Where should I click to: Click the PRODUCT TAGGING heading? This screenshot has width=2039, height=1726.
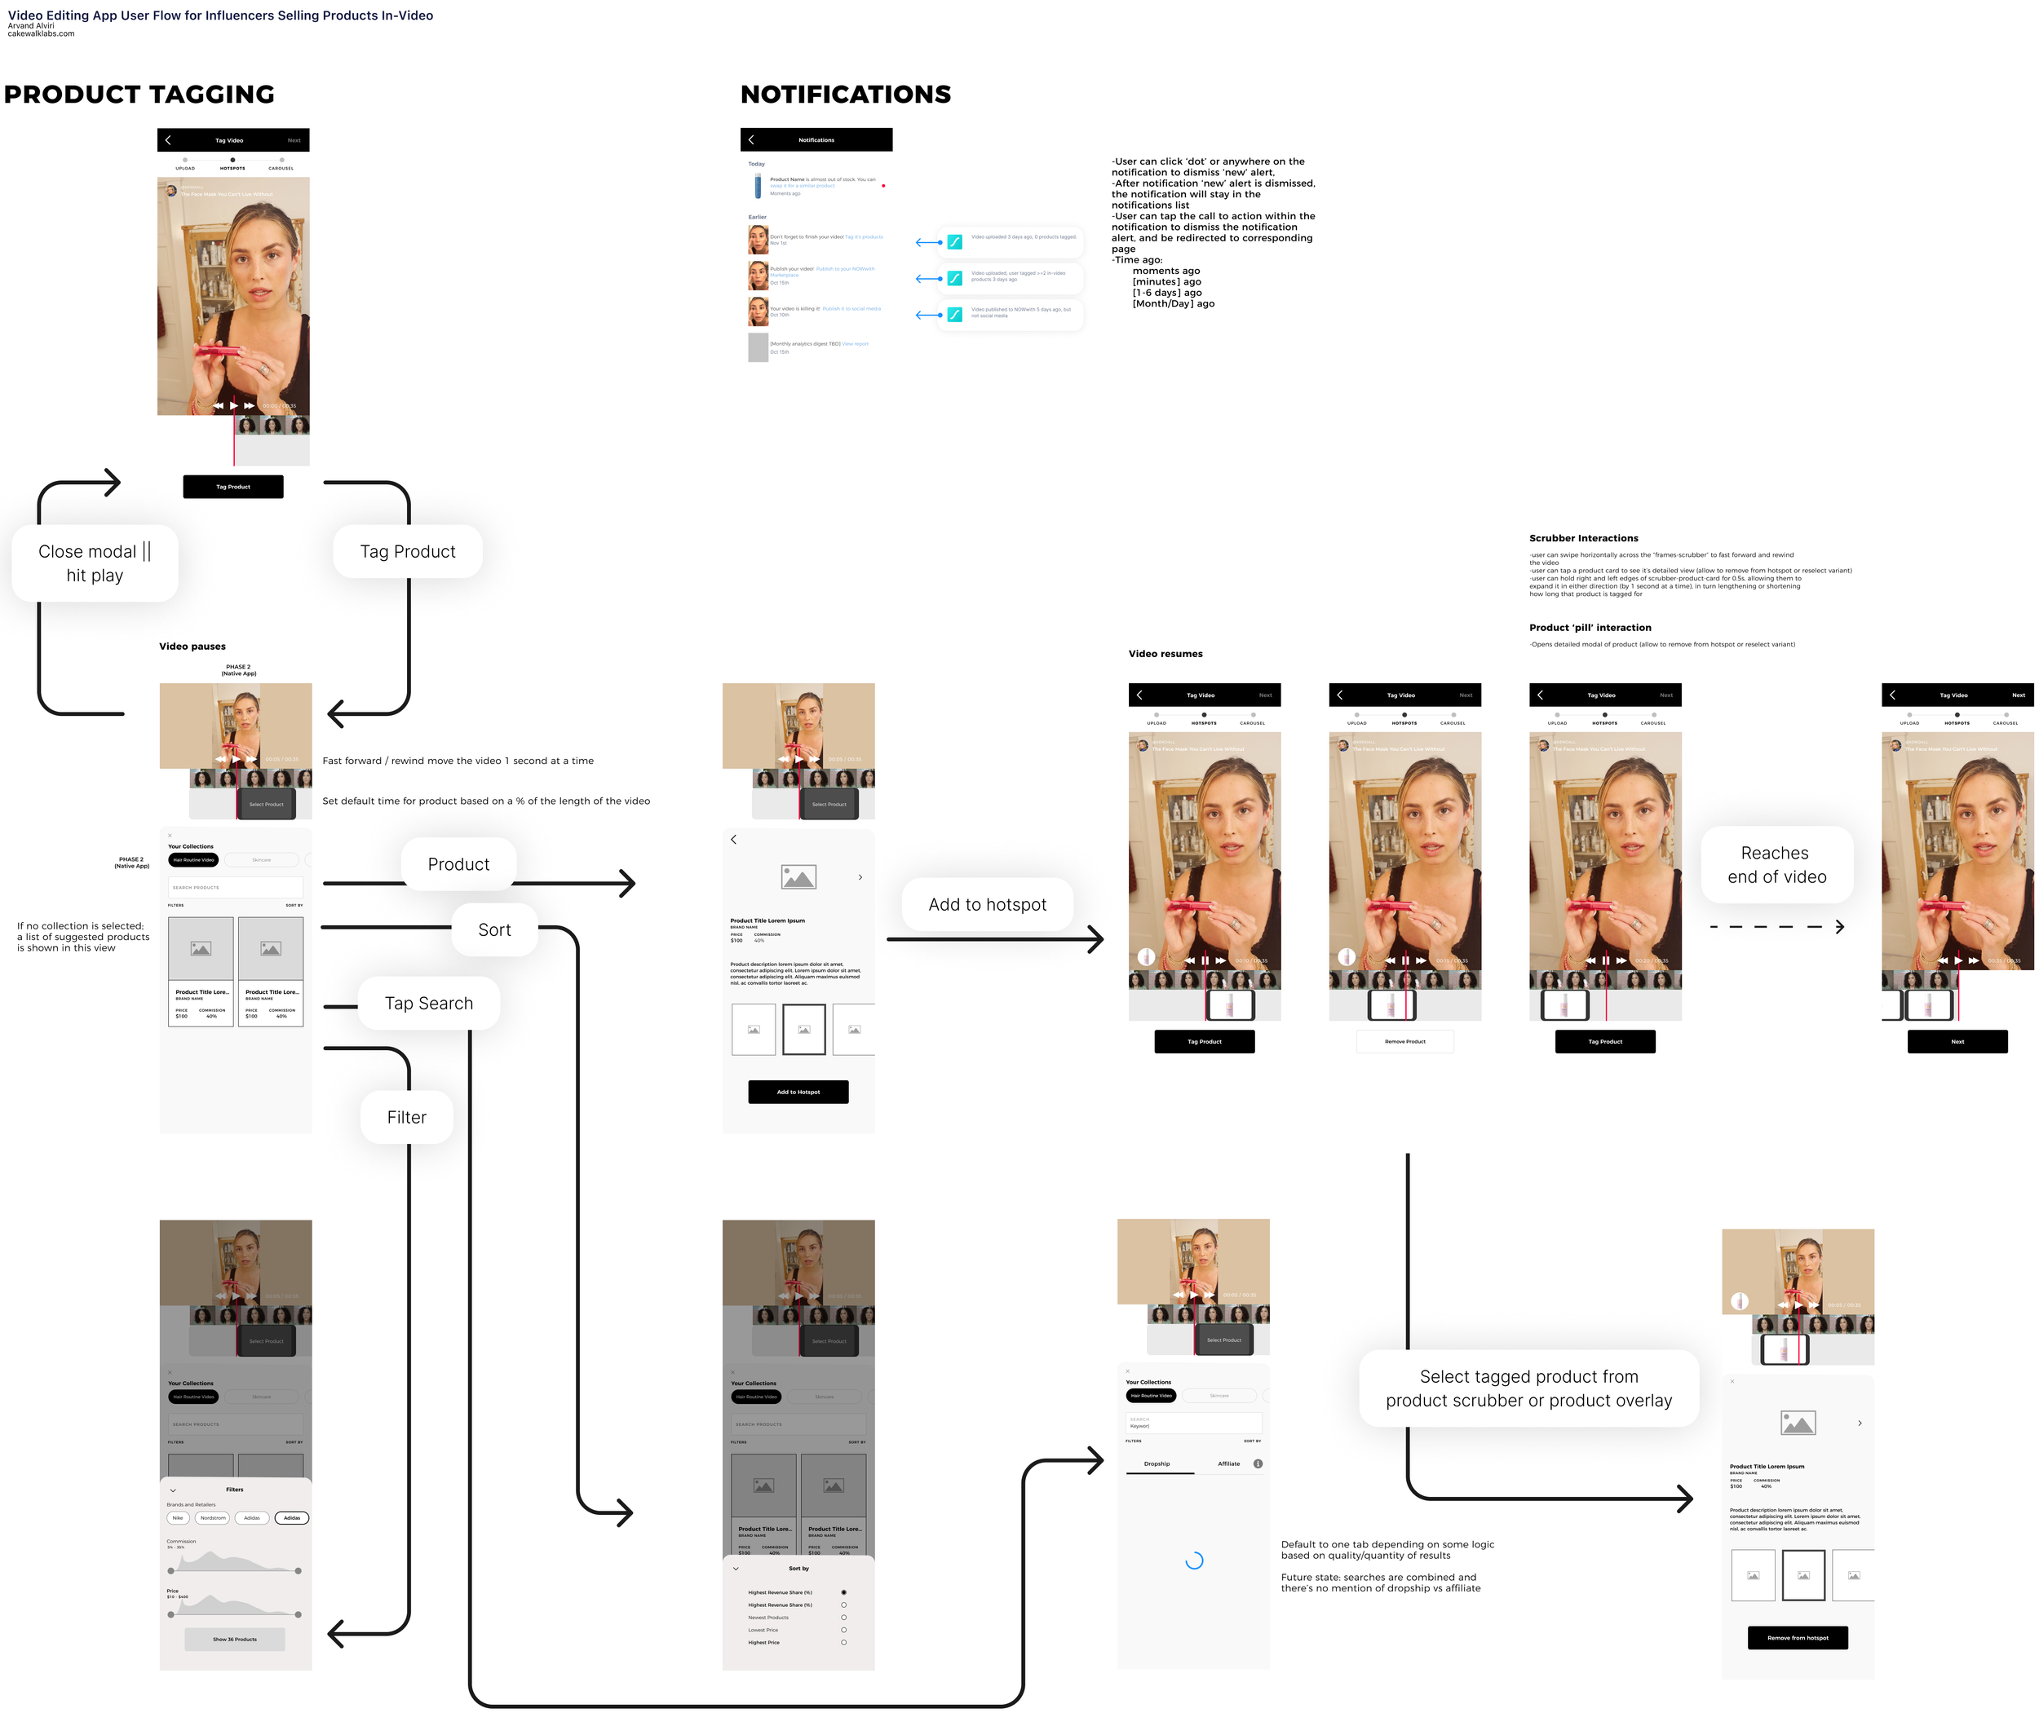[x=139, y=95]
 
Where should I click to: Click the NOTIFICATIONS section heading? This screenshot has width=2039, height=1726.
[x=845, y=95]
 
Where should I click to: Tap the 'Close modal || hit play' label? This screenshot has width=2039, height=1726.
[x=95, y=563]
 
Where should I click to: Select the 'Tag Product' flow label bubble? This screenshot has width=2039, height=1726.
[x=407, y=552]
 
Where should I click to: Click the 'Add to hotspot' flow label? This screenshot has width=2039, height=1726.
[x=987, y=905]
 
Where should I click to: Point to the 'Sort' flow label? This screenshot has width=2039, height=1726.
[x=494, y=930]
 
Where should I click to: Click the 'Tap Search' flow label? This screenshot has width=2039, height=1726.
[x=429, y=1004]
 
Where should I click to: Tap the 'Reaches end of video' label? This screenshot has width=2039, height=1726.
[x=1776, y=865]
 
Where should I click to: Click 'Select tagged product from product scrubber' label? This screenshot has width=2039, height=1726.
[x=1528, y=1388]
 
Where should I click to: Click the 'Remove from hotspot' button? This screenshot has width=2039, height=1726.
[x=1798, y=1638]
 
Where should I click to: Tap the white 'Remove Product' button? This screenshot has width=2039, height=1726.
[x=1404, y=1042]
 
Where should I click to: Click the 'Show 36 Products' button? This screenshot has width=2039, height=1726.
[x=235, y=1640]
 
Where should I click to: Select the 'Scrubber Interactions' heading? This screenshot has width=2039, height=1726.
[x=1583, y=538]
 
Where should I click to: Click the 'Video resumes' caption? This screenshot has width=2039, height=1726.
[x=1165, y=654]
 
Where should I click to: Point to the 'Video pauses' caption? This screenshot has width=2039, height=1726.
[x=192, y=647]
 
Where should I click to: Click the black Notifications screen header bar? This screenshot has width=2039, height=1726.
[x=816, y=140]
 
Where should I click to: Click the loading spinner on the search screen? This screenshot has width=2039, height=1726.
[x=1193, y=1560]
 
